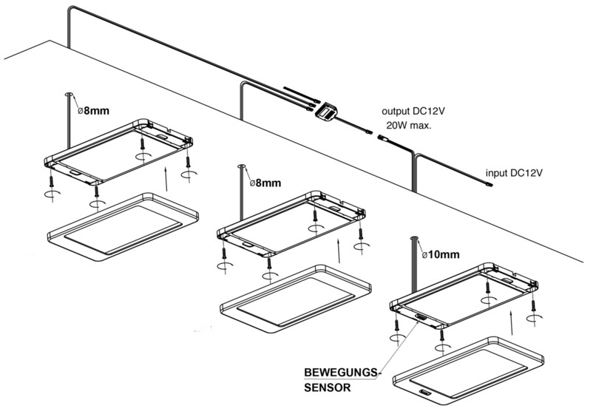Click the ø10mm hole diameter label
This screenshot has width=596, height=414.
tap(441, 254)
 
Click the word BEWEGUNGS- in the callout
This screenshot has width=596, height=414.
tap(342, 373)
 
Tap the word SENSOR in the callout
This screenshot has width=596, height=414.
tap(328, 388)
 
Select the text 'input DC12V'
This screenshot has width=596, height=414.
tap(514, 173)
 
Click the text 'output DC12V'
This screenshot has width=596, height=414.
tap(413, 112)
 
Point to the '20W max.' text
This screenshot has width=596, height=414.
tap(409, 125)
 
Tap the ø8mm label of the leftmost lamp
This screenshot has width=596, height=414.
tap(93, 111)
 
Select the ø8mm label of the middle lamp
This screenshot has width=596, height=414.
tap(265, 183)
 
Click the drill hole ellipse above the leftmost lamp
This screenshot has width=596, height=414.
tap(69, 94)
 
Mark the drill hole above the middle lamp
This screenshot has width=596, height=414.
tap(242, 166)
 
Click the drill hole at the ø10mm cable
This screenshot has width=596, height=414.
tap(414, 238)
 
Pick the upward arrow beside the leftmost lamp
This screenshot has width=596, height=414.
tap(166, 178)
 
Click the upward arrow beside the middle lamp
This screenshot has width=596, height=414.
tap(339, 251)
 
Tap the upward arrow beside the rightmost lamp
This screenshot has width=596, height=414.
tap(512, 323)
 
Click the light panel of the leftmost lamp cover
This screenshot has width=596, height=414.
tap(123, 230)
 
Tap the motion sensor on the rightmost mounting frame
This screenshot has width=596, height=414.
tap(420, 316)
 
